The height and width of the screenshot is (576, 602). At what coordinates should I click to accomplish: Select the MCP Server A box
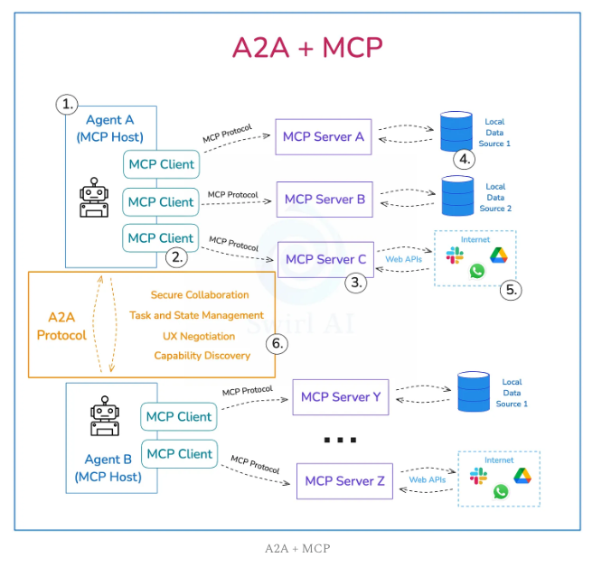pos(323,136)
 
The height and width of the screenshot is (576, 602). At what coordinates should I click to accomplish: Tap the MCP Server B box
pos(325,199)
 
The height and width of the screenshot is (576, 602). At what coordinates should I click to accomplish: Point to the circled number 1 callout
pos(68,104)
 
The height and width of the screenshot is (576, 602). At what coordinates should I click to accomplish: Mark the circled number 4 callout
pos(465,160)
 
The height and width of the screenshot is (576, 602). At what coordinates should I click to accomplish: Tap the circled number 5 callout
pos(512,290)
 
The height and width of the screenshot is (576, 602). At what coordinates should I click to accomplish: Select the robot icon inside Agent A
pos(93,198)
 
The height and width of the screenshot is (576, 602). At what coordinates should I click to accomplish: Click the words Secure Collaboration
pos(200,294)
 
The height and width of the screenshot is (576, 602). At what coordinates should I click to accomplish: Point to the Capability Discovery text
pos(202,356)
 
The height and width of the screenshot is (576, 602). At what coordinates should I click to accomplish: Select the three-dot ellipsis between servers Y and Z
pos(339,441)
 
